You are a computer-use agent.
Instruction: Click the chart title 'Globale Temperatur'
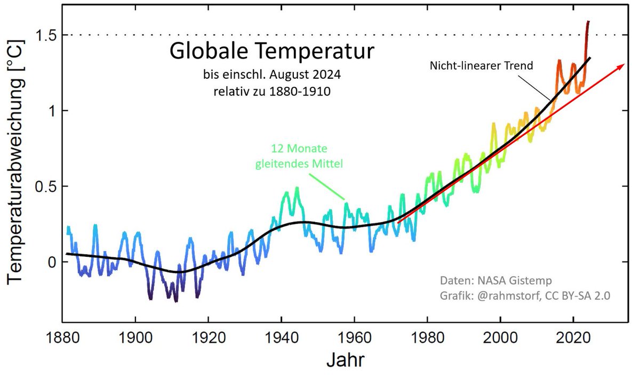click(x=271, y=53)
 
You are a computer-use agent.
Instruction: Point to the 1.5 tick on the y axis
click(x=44, y=35)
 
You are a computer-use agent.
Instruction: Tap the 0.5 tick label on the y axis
click(x=44, y=186)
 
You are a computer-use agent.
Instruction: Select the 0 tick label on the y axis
click(x=51, y=262)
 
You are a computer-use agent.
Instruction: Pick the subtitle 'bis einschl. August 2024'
click(x=271, y=75)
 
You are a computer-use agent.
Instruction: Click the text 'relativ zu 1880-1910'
click(x=271, y=91)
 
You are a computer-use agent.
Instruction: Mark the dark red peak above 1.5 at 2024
click(x=588, y=22)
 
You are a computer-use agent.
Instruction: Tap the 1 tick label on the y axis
click(x=51, y=111)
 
